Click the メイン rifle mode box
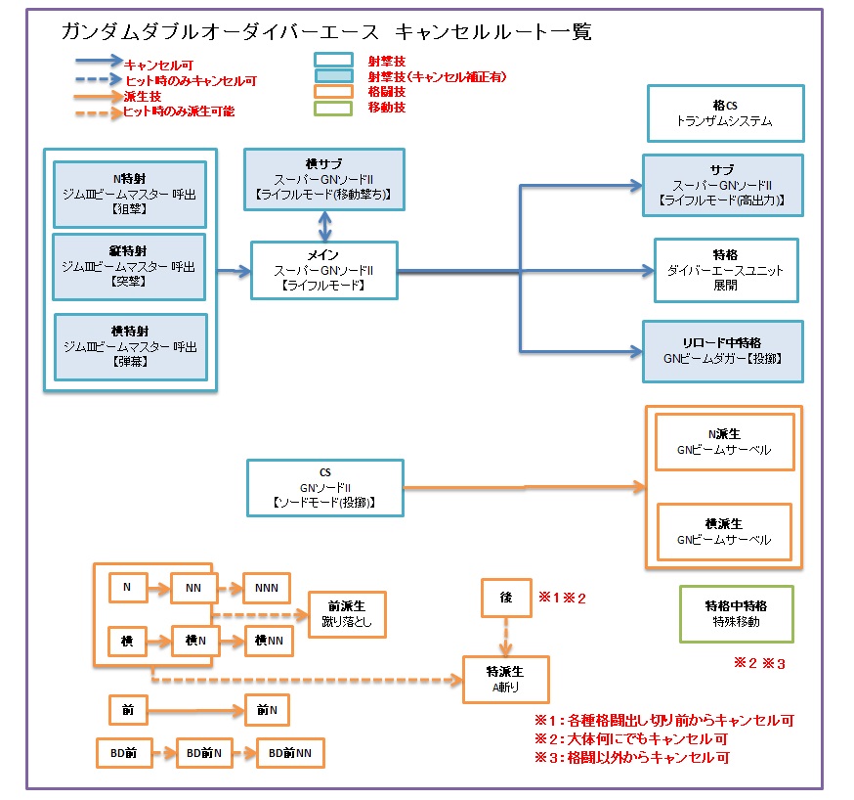tap(323, 270)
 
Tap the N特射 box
tap(128, 192)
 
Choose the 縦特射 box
tap(128, 266)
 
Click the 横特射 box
tap(130, 346)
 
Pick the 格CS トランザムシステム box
tap(724, 112)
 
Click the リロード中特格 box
tap(722, 350)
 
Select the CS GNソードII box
tap(324, 487)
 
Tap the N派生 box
tap(724, 442)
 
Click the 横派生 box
tap(724, 532)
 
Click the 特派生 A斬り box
tap(505, 679)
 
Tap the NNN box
tap(266, 588)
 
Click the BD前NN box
tap(289, 753)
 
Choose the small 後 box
tap(506, 598)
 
